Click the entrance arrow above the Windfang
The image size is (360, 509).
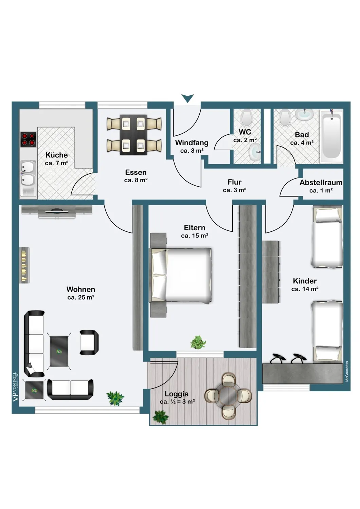pos(187,98)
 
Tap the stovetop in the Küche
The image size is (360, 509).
pos(29,139)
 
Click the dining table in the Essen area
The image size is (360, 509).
pos(133,134)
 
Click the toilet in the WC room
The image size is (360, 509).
pos(246,118)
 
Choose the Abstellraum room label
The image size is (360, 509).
pos(321,186)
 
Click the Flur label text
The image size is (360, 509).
pos(234,182)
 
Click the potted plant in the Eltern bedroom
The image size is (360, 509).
pos(198,342)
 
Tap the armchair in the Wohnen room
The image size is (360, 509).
pos(89,342)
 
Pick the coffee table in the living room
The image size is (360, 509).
pos(59,351)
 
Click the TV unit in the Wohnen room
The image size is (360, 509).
pos(57,211)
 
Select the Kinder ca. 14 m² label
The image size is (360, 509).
pos(305,285)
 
